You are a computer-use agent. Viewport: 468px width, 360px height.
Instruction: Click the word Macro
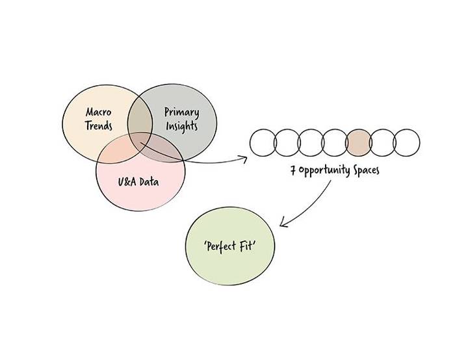99,112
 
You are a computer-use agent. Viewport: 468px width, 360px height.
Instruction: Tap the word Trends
99,125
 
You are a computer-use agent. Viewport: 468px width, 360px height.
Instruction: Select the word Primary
181,112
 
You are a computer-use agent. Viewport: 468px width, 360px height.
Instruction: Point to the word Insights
181,126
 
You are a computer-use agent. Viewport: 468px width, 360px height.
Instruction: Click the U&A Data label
138,181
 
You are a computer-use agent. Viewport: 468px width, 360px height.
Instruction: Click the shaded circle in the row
359,143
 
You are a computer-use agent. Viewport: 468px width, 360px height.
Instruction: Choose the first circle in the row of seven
263,143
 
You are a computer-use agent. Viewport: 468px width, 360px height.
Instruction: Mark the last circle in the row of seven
407,143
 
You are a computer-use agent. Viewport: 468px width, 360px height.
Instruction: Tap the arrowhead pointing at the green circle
284,224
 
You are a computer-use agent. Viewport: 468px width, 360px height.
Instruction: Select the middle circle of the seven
335,143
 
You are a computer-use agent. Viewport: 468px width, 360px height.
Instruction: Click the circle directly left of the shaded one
335,143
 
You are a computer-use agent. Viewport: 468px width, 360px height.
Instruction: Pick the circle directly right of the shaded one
383,143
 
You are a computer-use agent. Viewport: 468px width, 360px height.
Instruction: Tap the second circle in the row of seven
287,143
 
